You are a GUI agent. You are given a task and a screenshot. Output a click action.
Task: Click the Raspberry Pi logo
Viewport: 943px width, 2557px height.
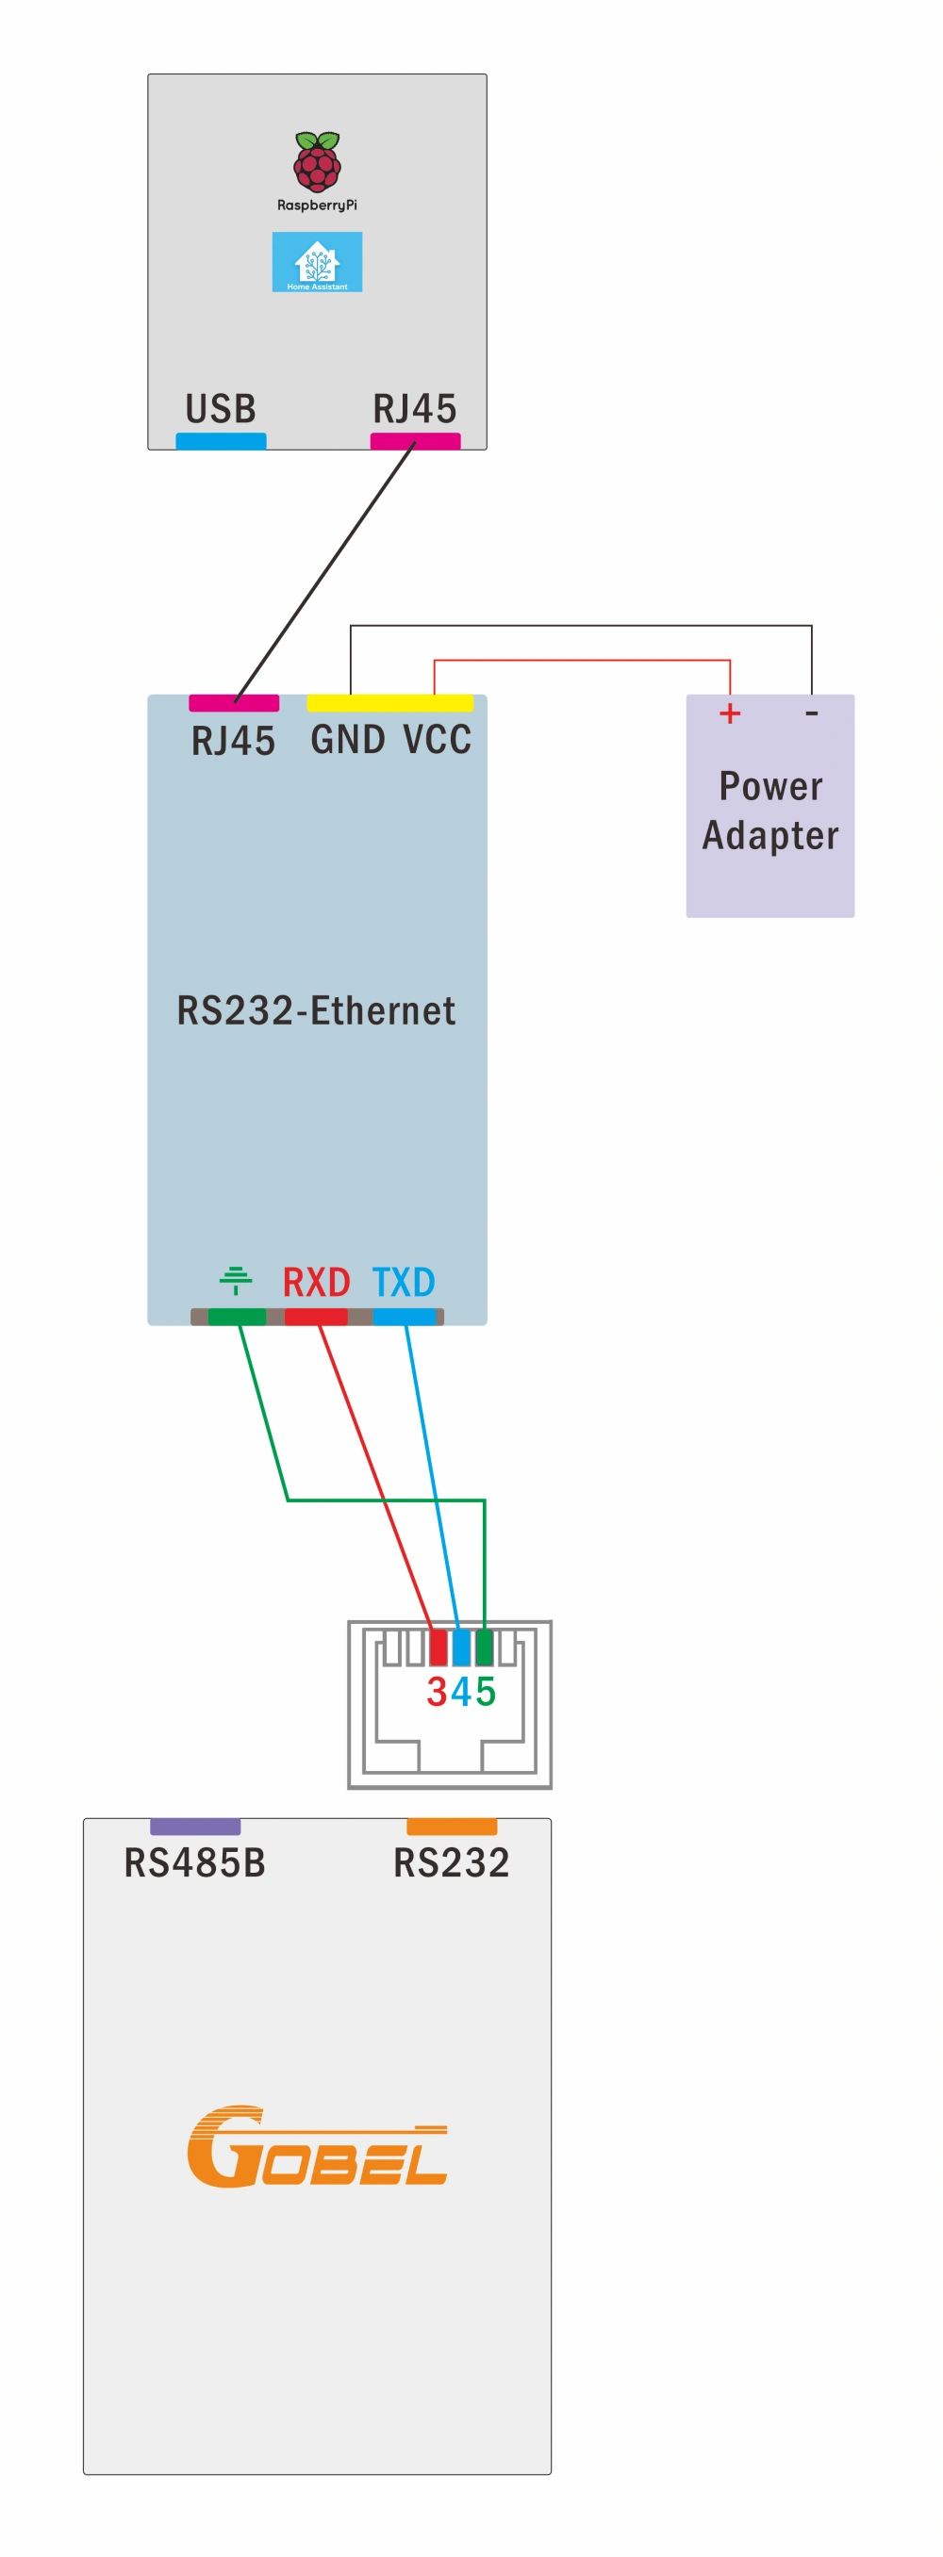(317, 161)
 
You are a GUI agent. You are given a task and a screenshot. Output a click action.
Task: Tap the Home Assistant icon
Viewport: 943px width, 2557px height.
(317, 262)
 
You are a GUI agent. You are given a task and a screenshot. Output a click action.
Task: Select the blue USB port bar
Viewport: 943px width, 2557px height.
(221, 441)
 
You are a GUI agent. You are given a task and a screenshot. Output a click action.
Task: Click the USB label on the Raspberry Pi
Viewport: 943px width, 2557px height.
(221, 409)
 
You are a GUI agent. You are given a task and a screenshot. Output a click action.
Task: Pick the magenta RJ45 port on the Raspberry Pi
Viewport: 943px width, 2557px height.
(415, 441)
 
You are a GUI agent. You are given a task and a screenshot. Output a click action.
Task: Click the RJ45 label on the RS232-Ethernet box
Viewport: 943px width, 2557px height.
(233, 742)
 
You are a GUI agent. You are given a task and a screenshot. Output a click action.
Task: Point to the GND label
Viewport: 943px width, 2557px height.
(347, 740)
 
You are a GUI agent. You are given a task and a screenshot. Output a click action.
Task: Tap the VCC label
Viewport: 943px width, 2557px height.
(437, 740)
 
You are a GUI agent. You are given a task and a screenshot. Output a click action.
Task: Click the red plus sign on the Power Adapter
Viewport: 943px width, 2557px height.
(730, 713)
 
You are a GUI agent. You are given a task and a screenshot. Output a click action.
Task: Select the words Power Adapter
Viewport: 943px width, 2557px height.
(770, 811)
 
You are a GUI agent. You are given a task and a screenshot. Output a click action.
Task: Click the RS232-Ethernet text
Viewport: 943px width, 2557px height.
(316, 1010)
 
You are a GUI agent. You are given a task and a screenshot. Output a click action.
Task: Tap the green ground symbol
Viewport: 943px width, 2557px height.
(235, 1281)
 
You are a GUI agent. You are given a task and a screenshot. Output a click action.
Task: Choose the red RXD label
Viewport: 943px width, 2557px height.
(316, 1283)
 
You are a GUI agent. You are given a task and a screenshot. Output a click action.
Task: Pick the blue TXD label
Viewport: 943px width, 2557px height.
(403, 1283)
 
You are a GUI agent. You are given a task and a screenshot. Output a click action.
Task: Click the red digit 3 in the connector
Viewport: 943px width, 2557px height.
(437, 1692)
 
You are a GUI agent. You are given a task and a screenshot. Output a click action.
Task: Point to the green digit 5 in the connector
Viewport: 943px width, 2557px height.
(486, 1692)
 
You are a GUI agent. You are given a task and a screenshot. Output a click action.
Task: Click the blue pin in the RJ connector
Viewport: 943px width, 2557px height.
(460, 1647)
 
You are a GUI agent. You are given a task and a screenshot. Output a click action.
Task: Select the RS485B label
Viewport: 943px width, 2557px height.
(194, 1863)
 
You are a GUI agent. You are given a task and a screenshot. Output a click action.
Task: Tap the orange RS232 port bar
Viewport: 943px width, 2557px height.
(452, 1827)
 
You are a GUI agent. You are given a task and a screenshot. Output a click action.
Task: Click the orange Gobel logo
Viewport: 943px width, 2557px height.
(317, 2146)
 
